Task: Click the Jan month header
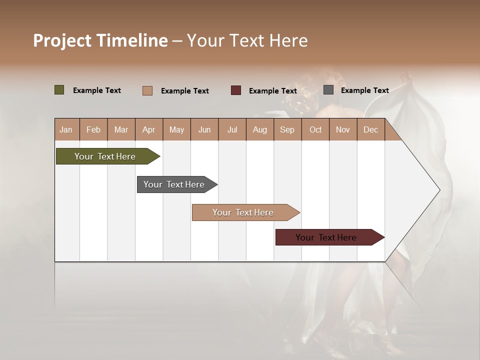[66, 129]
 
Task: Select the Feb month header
[93, 129]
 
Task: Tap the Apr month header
[148, 129]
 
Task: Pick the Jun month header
[204, 129]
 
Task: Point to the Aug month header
[259, 129]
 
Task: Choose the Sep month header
[287, 129]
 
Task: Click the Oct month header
[315, 129]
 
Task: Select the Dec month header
[370, 129]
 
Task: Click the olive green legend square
[59, 90]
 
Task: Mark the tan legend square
[147, 90]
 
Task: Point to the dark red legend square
[236, 90]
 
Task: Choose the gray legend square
[328, 90]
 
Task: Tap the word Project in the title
[62, 40]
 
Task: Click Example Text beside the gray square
[364, 90]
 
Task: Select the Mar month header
[121, 129]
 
